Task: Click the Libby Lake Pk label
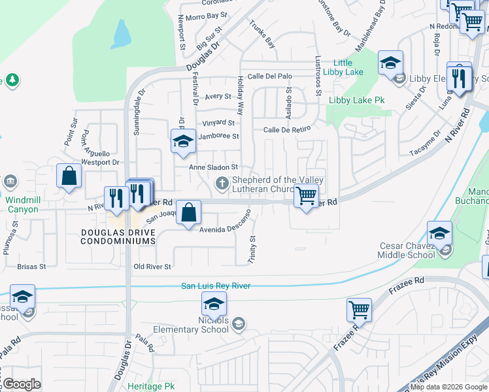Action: (x=356, y=100)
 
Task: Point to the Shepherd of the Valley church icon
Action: (x=222, y=184)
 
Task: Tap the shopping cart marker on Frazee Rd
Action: (x=359, y=310)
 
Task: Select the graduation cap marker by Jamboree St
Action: (x=184, y=140)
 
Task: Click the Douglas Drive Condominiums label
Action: (x=118, y=237)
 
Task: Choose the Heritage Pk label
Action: (x=152, y=386)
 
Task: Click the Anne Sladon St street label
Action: (x=213, y=168)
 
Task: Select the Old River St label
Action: (x=152, y=267)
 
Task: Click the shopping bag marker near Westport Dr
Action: (x=69, y=175)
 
